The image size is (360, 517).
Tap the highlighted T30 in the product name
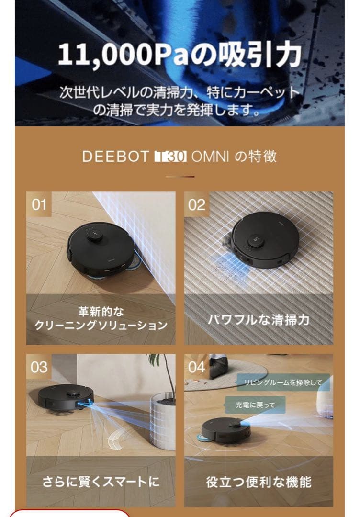point(169,157)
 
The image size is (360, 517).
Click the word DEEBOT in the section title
point(115,157)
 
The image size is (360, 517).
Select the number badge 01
point(39,204)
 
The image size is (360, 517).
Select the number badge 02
point(197,204)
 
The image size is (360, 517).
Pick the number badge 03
point(39,367)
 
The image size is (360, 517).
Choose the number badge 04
point(197,367)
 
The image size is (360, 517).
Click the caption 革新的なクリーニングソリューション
point(101,319)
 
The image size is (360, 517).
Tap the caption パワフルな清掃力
point(259,319)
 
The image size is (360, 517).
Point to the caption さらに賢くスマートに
point(101,481)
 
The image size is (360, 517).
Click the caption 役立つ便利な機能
point(259,481)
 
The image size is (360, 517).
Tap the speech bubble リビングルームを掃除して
point(283,382)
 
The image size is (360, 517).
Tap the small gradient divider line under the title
point(180,177)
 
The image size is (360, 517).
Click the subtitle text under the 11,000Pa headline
point(180,101)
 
